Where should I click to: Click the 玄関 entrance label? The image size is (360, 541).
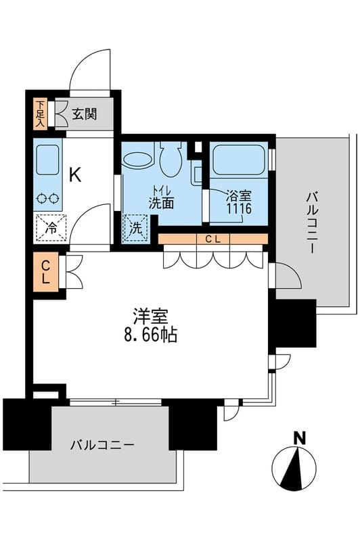point(85,114)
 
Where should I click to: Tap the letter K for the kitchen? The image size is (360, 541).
point(74,175)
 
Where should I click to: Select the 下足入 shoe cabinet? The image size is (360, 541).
point(40,114)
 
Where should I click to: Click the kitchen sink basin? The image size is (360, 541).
point(47,161)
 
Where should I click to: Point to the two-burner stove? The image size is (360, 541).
point(47,198)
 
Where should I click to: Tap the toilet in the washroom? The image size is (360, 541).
point(170,160)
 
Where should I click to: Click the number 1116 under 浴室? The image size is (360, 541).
point(239,209)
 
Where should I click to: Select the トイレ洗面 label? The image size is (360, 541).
point(161,196)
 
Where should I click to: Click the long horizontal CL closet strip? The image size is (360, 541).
point(213,239)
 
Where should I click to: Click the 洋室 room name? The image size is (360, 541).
point(150,316)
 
